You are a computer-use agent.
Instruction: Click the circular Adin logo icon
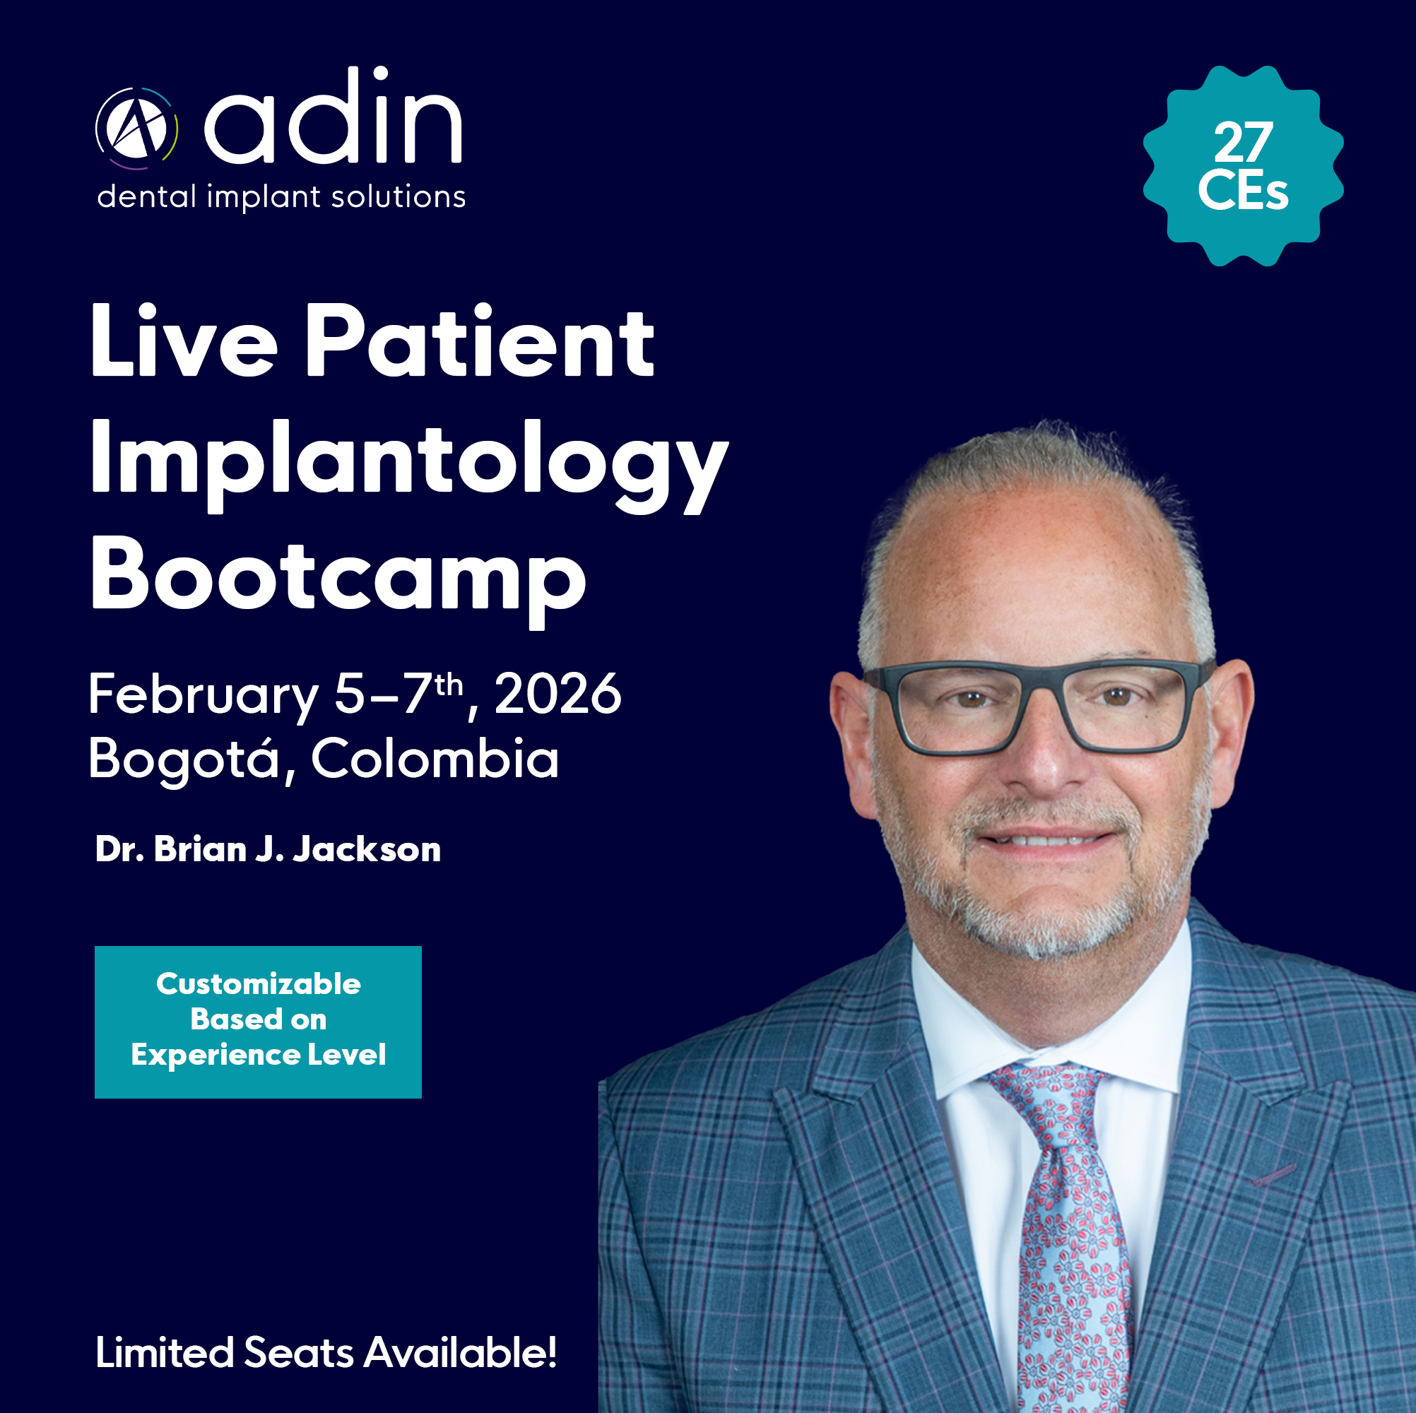(136, 129)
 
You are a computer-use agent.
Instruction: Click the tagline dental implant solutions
(281, 197)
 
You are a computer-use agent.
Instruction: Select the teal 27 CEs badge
(1243, 165)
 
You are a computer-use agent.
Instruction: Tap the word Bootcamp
(338, 579)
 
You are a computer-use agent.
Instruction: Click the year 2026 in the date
(557, 694)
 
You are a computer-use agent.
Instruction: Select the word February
(203, 696)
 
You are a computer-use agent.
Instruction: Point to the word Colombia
(435, 758)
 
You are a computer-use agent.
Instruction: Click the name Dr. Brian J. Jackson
(269, 849)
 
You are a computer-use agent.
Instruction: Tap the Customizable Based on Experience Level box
(258, 1022)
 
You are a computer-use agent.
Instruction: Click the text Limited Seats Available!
(326, 1352)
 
